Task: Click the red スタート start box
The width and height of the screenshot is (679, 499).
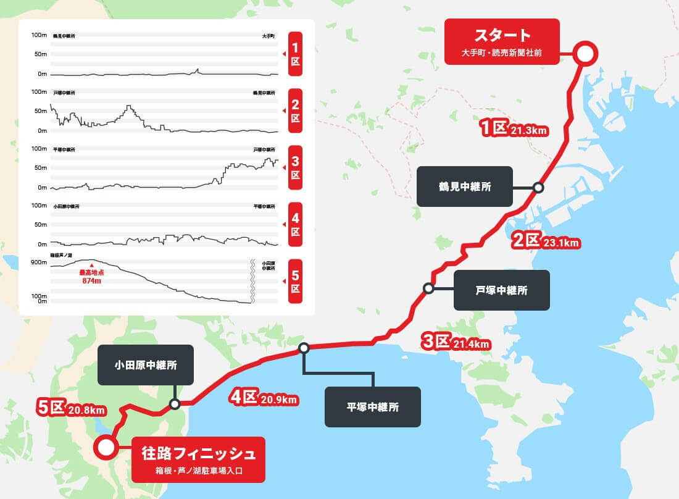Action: tap(501, 41)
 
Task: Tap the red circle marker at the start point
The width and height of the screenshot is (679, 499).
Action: tap(584, 54)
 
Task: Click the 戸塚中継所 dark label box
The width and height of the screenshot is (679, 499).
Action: tap(501, 290)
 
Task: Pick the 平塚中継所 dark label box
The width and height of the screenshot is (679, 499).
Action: tap(372, 407)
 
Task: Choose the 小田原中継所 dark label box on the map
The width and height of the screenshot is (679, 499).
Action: tap(146, 365)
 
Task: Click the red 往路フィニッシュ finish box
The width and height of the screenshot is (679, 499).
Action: tap(198, 459)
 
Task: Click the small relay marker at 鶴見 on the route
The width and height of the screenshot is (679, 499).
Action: tap(538, 187)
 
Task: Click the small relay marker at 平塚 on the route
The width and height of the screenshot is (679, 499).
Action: tap(303, 348)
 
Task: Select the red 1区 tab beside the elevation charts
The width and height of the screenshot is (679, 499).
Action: tap(295, 54)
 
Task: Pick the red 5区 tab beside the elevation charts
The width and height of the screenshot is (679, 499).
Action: tap(295, 281)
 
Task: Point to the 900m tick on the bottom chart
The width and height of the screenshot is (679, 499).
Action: tap(39, 262)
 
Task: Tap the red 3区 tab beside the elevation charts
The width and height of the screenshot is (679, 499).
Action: tap(295, 167)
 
